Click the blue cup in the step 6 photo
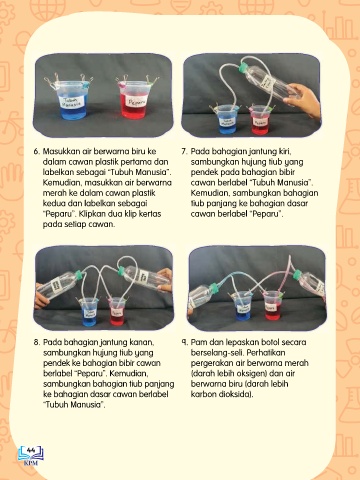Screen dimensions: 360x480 tap(73, 100)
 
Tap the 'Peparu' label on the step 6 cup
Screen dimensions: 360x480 tap(137, 102)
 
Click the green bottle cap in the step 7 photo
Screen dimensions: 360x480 tap(242, 68)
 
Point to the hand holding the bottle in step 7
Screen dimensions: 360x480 tap(303, 99)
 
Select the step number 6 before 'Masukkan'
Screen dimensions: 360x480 tap(36, 151)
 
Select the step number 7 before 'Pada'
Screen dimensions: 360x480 tap(184, 151)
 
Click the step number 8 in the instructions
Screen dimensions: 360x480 tap(36, 342)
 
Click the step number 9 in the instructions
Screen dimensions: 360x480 tap(184, 342)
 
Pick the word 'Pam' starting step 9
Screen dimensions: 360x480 tap(198, 342)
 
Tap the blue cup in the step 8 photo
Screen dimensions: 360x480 tap(88, 312)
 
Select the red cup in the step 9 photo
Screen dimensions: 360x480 tap(272, 306)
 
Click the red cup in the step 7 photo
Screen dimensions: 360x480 tap(260, 120)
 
